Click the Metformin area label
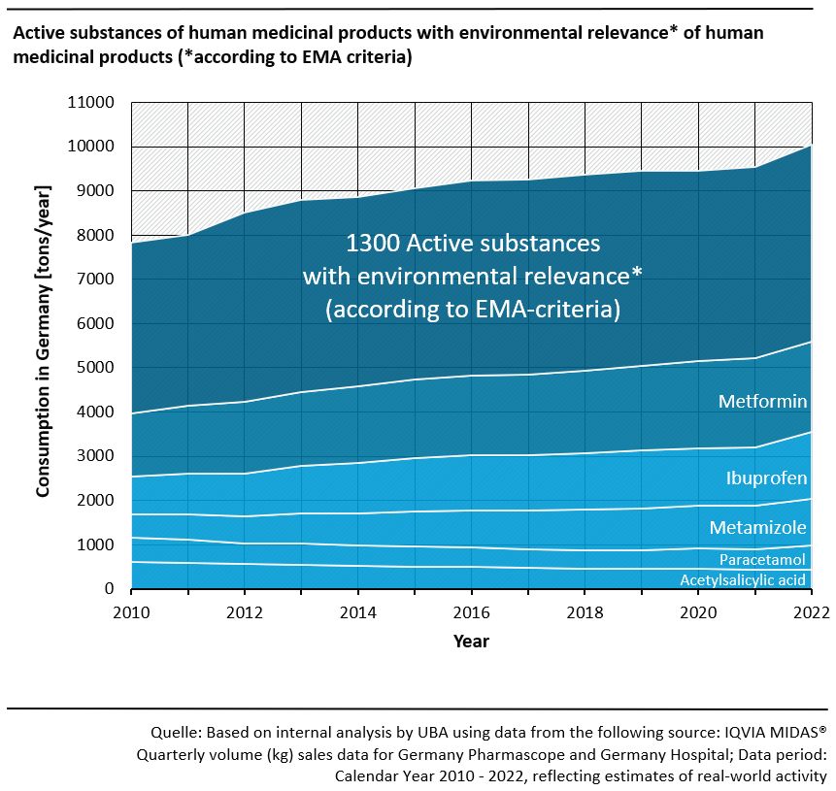pyautogui.click(x=763, y=402)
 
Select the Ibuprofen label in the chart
pyautogui.click(x=767, y=478)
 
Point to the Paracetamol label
pyautogui.click(x=763, y=560)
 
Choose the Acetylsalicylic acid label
pyautogui.click(x=744, y=580)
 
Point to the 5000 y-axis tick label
pyautogui.click(x=95, y=368)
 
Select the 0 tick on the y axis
pyautogui.click(x=110, y=589)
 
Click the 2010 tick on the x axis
pyautogui.click(x=130, y=611)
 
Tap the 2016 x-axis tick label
pyautogui.click(x=472, y=611)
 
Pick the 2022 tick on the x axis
pyautogui.click(x=812, y=611)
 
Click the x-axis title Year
pyautogui.click(x=471, y=642)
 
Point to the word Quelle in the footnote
pyautogui.click(x=177, y=732)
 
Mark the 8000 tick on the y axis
pyautogui.click(x=95, y=236)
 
